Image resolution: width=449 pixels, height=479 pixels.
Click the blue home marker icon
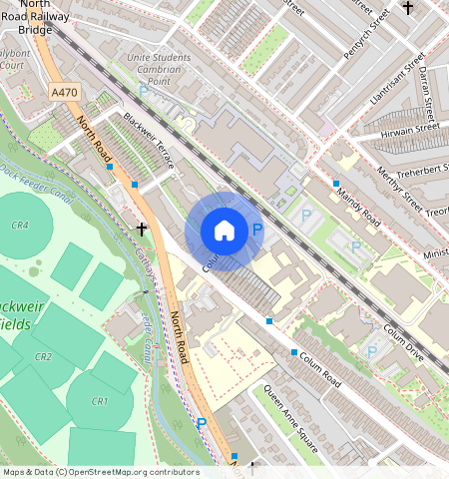point(224,231)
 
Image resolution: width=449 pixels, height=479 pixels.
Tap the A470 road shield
point(63,93)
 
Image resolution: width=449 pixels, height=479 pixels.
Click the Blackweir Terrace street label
point(149,140)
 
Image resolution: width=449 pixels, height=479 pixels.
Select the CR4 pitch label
point(20,226)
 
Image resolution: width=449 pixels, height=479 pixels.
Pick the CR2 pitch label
point(43,356)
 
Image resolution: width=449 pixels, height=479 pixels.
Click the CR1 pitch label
point(99,401)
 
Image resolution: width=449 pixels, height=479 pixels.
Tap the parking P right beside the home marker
point(257,231)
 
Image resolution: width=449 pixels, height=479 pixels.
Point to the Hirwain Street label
point(410,129)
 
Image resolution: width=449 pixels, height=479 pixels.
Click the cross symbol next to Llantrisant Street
point(407,8)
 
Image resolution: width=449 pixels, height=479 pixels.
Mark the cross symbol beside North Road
point(142,229)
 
